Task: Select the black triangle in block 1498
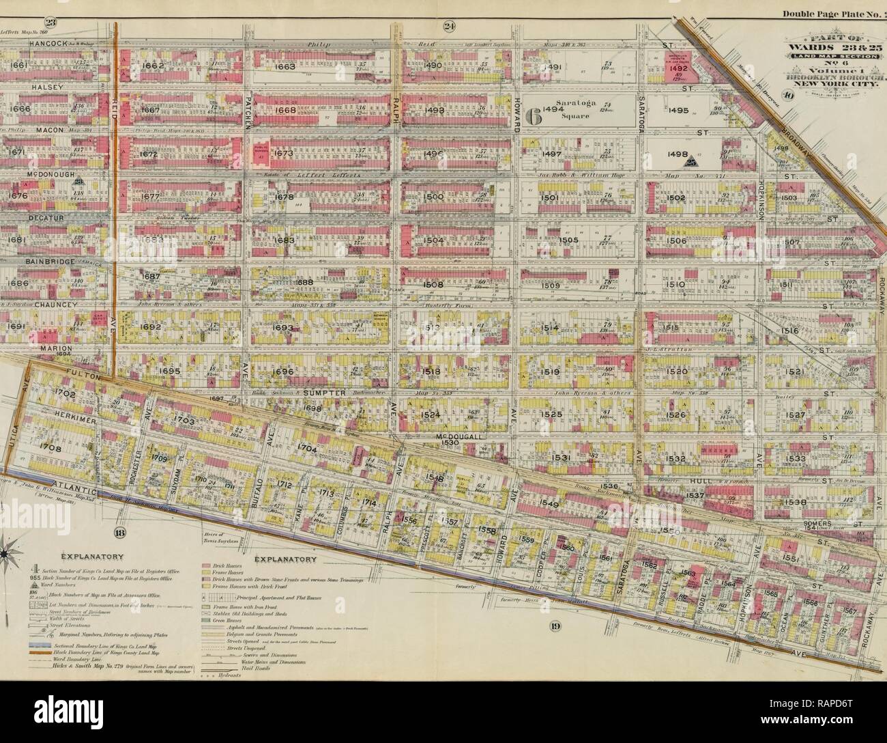point(690,160)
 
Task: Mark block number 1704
point(307,448)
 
